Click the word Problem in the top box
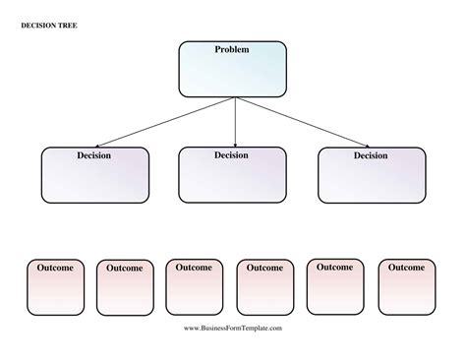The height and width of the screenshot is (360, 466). pyautogui.click(x=232, y=49)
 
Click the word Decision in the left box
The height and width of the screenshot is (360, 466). pyautogui.click(x=94, y=155)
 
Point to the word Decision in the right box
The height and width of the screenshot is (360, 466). pyautogui.click(x=371, y=155)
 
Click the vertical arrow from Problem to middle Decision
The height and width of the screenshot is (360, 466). pyautogui.click(x=235, y=122)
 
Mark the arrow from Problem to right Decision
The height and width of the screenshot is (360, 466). pyautogui.click(x=305, y=122)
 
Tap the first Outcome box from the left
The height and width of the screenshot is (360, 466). pyautogui.click(x=55, y=286)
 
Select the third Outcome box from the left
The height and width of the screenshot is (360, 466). pyautogui.click(x=194, y=286)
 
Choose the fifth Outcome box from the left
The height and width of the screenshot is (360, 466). pyautogui.click(x=335, y=286)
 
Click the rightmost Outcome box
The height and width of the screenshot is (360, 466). pyautogui.click(x=405, y=286)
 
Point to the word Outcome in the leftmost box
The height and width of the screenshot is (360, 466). pyautogui.click(x=55, y=268)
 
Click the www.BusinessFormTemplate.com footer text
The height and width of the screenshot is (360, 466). pyautogui.click(x=233, y=328)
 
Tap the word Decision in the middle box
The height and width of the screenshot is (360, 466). pyautogui.click(x=232, y=155)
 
